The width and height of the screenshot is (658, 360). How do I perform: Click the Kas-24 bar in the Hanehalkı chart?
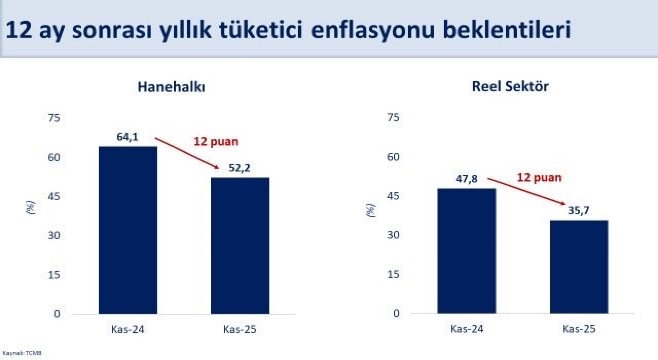128,230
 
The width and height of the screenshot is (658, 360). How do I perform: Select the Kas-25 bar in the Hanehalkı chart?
240,245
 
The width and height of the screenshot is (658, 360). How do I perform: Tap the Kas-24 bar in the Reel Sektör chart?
467,251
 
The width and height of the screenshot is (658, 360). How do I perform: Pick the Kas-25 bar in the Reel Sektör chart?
579,267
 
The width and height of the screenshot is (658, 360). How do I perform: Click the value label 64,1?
127,137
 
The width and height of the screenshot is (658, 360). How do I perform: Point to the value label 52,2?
240,168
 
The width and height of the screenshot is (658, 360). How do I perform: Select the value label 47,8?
467,179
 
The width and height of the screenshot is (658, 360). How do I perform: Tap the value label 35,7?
578,211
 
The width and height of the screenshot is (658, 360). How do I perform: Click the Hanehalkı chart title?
171,87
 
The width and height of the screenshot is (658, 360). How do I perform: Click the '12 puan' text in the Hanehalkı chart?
216,141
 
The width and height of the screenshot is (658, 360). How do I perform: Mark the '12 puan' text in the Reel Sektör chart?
539,178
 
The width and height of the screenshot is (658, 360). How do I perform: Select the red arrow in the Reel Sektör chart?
527,191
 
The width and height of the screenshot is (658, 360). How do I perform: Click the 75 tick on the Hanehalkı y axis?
54,118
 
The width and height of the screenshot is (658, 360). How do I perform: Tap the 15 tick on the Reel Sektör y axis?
393,275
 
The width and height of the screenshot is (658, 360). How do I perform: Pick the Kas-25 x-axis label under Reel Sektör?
579,329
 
